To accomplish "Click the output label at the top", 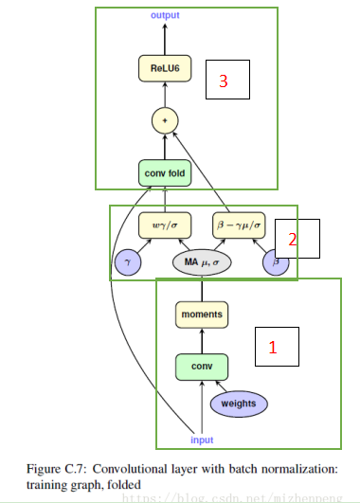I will pyautogui.click(x=165, y=16).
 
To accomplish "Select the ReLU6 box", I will pyautogui.click(x=165, y=68).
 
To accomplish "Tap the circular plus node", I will pyautogui.click(x=165, y=120).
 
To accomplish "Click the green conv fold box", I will pyautogui.click(x=165, y=174).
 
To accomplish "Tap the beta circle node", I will pyautogui.click(x=276, y=263).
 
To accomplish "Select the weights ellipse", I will pyautogui.click(x=238, y=404).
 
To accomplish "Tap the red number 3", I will pyautogui.click(x=224, y=81).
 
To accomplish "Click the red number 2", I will pyautogui.click(x=293, y=240).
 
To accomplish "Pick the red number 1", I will pyautogui.click(x=273, y=348).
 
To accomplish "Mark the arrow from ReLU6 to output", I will pyautogui.click(x=165, y=39).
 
